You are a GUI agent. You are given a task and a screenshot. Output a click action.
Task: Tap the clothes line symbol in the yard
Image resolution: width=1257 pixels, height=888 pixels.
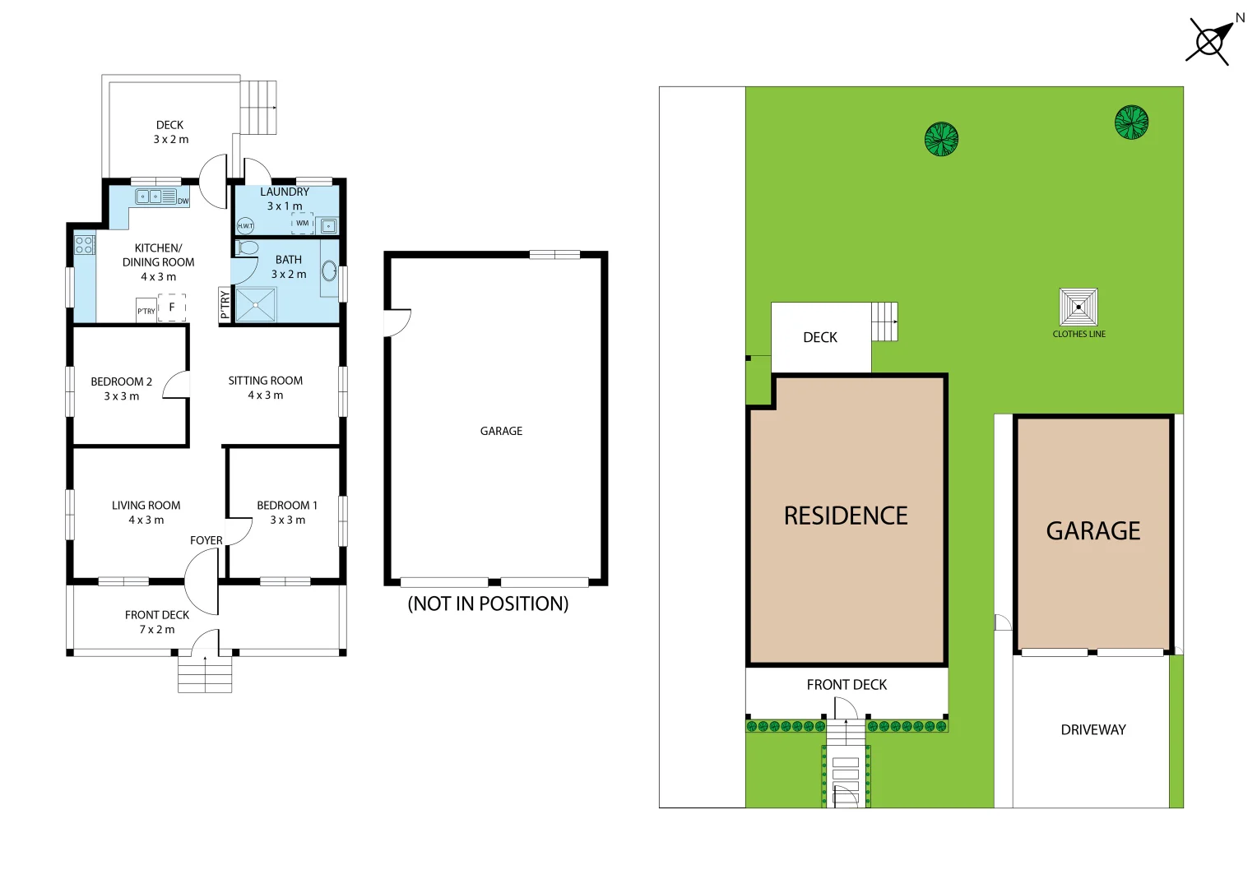coord(1078,307)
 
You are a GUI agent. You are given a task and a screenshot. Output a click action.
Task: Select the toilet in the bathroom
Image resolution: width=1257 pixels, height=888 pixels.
coord(246,247)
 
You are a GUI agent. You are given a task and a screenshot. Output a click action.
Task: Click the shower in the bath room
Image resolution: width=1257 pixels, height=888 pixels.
coord(256,305)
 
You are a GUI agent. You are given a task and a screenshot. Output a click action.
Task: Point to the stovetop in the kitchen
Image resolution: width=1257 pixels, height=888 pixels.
coord(84,244)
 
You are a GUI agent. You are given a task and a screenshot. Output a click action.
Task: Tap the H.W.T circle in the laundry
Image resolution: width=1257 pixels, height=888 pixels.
coord(245,226)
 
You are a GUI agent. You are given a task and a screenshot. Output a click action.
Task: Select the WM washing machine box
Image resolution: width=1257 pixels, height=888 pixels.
coord(303,224)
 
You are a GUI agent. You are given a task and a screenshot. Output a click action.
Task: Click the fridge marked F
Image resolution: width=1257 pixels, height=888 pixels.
coord(172,308)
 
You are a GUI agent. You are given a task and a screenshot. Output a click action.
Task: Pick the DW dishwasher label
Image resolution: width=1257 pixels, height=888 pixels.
coord(183,201)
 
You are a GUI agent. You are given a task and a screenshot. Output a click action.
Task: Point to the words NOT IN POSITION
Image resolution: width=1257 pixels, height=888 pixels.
coord(488,604)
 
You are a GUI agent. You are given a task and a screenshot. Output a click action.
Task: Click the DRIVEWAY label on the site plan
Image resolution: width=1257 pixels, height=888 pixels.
coord(1093,729)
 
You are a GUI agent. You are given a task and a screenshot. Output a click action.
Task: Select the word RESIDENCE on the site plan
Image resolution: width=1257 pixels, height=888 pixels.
coord(846,516)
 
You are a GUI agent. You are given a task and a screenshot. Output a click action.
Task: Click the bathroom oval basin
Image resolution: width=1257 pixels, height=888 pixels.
coord(329,271)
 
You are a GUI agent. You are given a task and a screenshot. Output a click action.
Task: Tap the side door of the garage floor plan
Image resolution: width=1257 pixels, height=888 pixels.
coord(397,322)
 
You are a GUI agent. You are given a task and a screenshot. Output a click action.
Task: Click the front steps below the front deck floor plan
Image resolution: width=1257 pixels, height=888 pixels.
coord(205,674)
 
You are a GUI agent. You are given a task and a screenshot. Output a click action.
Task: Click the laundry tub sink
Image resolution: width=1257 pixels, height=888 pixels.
coord(328,226)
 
